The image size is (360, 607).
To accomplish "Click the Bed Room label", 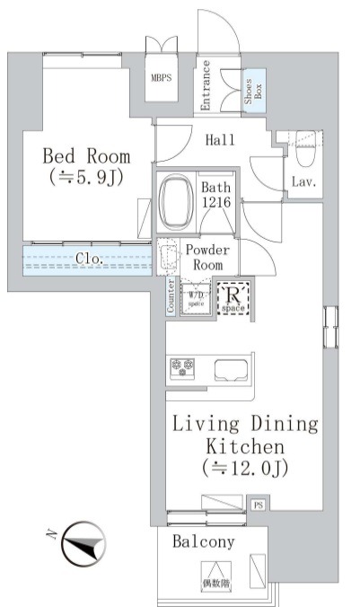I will pos(86,155).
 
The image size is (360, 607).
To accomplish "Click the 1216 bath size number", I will pos(216,205).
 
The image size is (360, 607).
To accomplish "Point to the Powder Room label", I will pos(207,258).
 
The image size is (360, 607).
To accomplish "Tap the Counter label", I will pos(171,297).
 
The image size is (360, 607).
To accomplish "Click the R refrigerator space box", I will pos(236,298).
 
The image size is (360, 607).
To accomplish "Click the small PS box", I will pos(259,506).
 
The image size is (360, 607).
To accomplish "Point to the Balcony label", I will pos(204,541).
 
